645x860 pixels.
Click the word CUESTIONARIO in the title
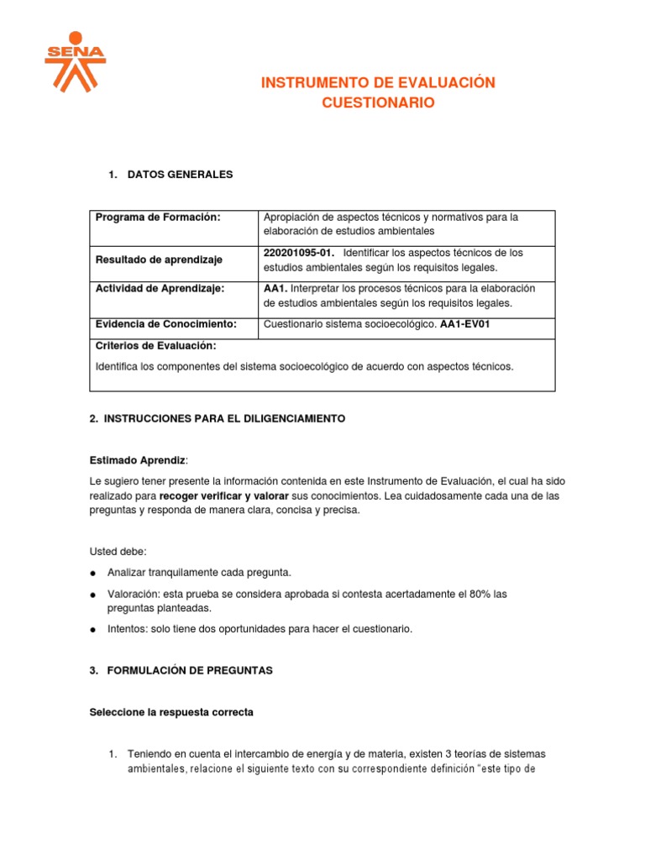click(x=379, y=102)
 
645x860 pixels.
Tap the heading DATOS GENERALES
click(x=180, y=175)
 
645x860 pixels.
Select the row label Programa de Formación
click(x=158, y=218)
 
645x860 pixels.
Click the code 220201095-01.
click(x=298, y=253)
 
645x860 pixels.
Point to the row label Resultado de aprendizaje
click(x=158, y=260)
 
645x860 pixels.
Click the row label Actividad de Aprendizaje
click(x=160, y=288)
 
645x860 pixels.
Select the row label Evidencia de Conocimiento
click(x=165, y=323)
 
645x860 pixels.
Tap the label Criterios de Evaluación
click(x=155, y=345)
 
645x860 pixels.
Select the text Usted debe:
click(x=118, y=551)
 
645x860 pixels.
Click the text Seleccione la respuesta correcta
click(x=171, y=712)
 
